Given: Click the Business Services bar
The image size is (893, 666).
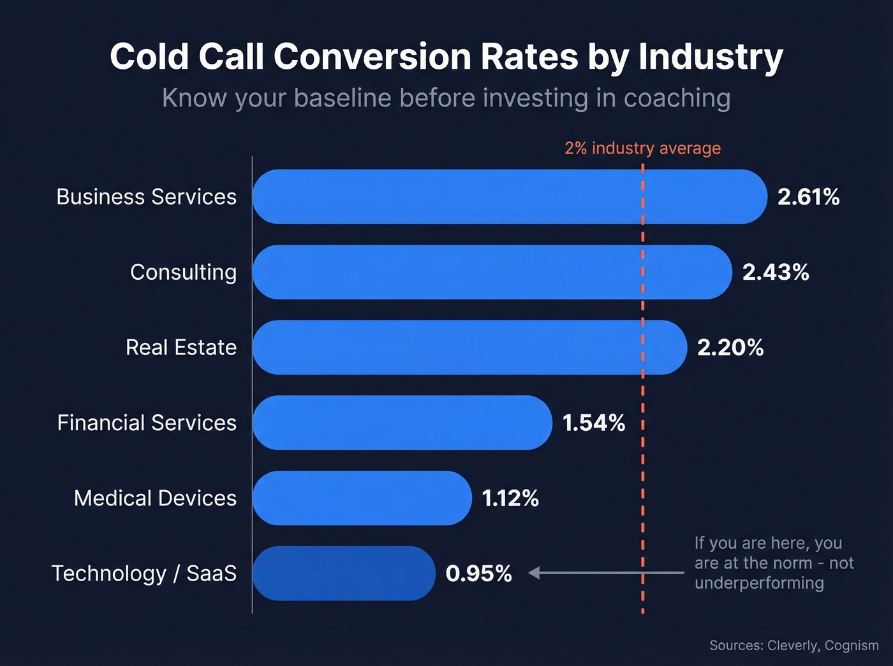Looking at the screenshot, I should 509,196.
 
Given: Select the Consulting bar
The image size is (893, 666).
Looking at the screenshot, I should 492,272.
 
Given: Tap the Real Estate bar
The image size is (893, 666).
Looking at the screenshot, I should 469,347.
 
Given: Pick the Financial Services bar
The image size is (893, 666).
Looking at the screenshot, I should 402,423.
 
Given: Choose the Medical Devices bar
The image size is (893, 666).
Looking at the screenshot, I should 362,498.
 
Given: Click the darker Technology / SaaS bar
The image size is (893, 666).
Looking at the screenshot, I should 344,573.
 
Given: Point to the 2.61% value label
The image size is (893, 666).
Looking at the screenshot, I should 808,197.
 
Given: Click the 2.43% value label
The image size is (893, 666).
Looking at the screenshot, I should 776,272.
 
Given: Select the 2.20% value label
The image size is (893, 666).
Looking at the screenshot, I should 730,347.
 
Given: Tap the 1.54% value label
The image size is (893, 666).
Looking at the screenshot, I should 594,423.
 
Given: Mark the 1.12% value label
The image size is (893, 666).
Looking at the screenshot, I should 510,498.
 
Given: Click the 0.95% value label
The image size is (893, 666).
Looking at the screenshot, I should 478,574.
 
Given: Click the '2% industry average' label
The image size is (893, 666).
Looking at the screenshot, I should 642,148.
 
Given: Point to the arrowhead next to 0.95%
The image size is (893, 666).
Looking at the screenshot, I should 535,573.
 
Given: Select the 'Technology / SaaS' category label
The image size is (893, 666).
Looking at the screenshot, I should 144,573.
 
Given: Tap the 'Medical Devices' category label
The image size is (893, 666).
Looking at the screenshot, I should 155,498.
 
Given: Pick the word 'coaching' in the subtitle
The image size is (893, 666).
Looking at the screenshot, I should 677,98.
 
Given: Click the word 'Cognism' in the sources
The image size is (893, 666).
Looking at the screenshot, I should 852,645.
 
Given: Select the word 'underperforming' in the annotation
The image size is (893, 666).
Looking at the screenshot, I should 759,583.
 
